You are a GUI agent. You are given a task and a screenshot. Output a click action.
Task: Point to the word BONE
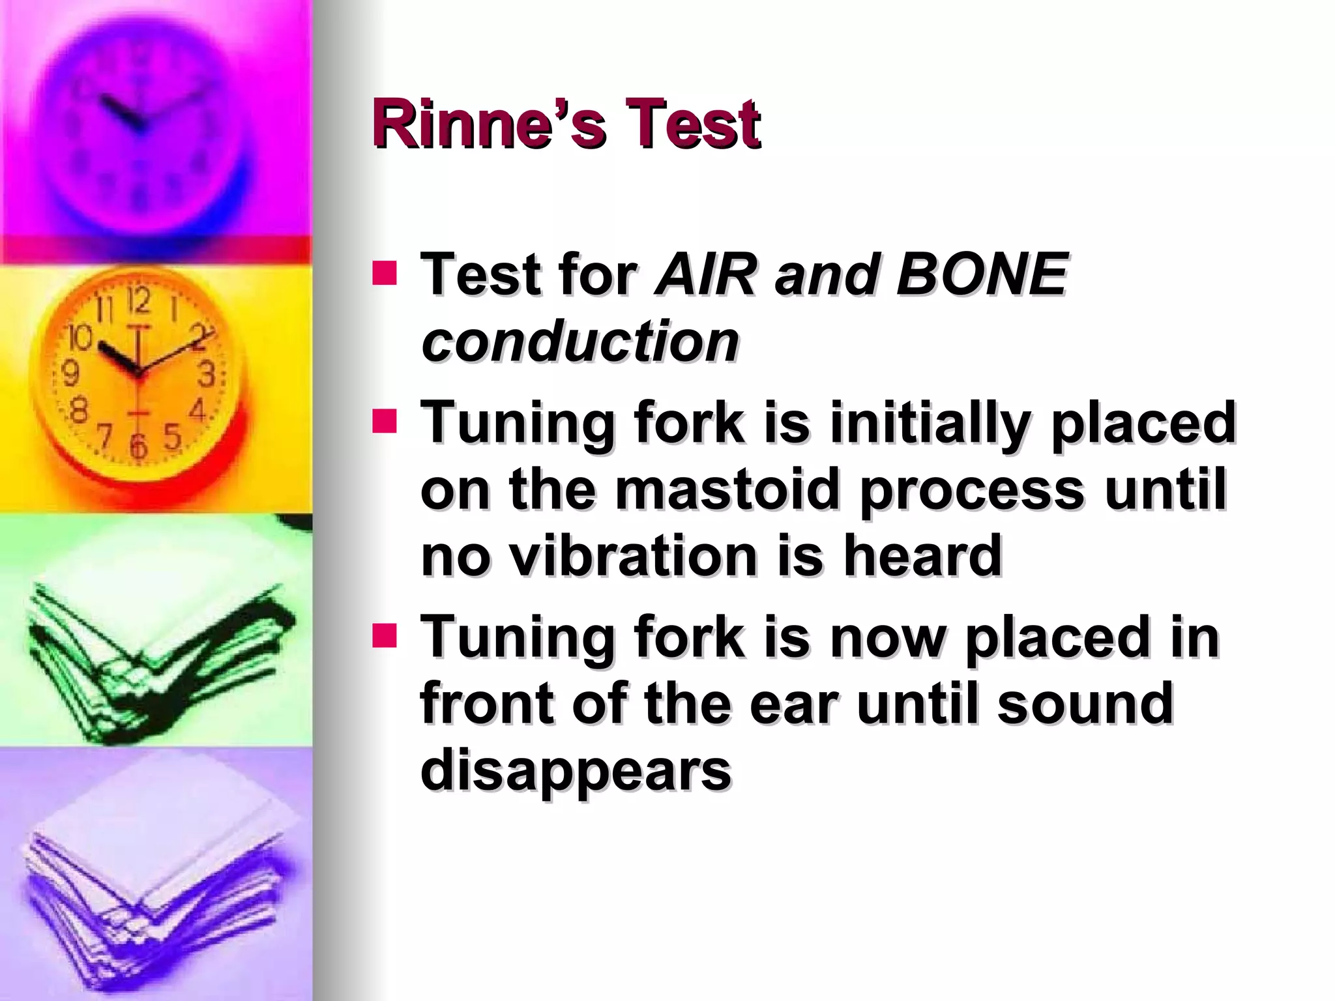982,274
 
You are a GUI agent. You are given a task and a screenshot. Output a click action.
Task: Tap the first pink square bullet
385,274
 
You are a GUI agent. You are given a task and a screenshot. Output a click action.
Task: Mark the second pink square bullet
385,421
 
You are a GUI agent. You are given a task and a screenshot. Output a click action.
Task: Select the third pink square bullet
385,636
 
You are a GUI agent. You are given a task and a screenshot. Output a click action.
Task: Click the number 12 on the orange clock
138,301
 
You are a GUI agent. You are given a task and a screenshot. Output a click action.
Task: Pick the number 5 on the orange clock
172,437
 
